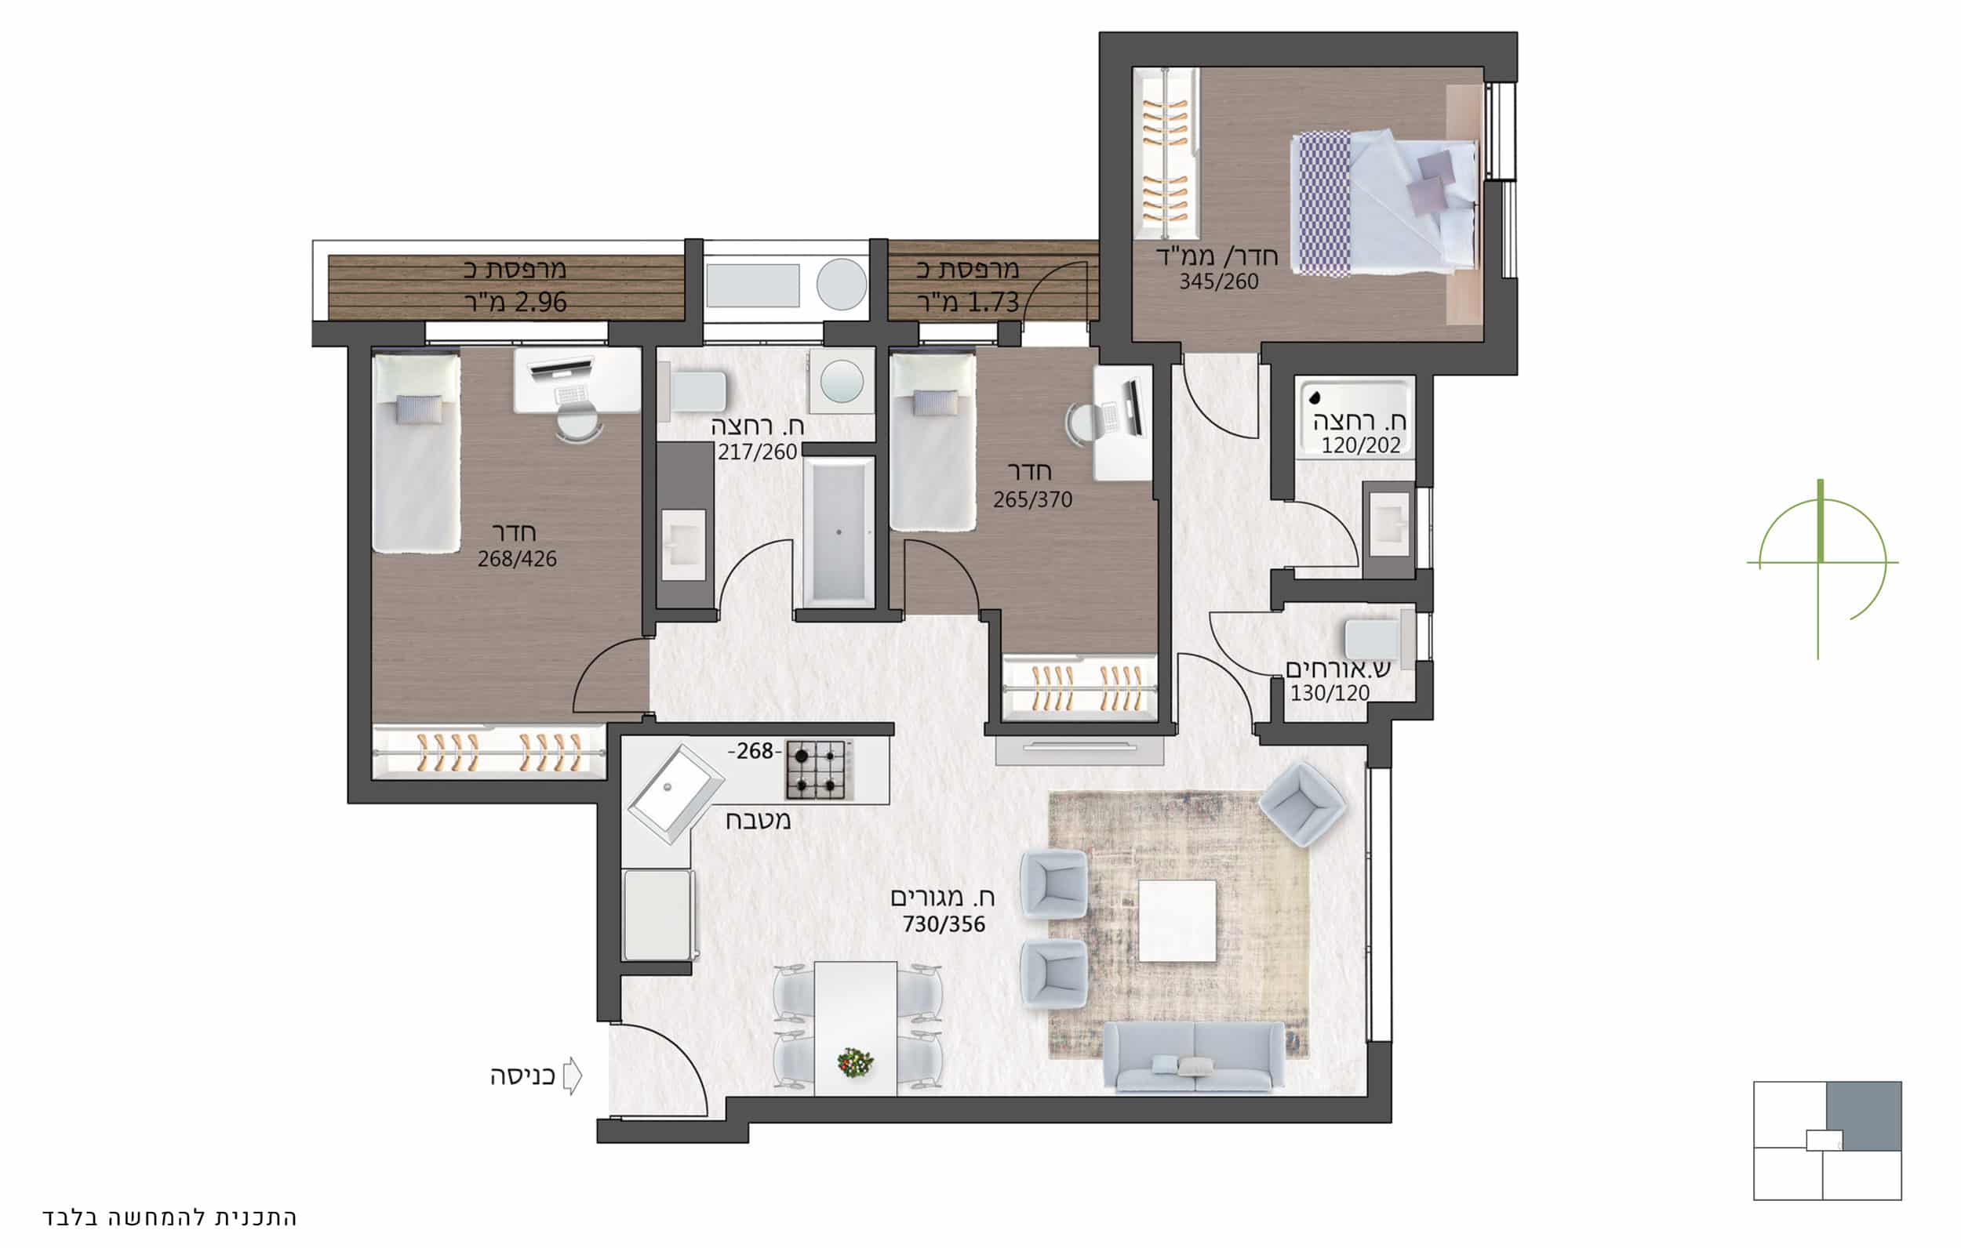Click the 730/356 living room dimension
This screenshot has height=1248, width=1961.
tap(944, 924)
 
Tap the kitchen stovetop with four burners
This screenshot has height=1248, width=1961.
tap(819, 769)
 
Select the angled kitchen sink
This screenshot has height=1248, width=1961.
tap(675, 793)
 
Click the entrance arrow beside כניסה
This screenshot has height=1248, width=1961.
tap(573, 1076)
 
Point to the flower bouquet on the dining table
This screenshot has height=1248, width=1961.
tap(855, 1062)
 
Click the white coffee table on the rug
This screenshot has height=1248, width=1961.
tap(1177, 921)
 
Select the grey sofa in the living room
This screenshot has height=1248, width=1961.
tap(1194, 1057)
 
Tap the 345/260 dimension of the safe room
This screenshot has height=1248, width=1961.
tap(1219, 281)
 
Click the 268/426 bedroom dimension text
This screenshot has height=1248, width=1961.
tap(517, 558)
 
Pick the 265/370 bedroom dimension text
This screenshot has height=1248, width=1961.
tap(1032, 499)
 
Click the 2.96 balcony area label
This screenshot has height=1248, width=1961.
tap(515, 302)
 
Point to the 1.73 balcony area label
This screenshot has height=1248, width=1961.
tap(968, 302)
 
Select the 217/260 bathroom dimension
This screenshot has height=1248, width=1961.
tap(758, 452)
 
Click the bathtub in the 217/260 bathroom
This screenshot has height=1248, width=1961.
tap(839, 532)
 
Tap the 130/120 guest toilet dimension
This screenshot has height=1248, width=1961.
tap(1330, 693)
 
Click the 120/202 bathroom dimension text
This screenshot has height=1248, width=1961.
tap(1361, 445)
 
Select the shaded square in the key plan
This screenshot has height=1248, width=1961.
tap(1864, 1116)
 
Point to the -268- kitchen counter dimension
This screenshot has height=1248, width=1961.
tap(755, 750)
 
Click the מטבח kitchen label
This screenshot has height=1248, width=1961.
tap(759, 819)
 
